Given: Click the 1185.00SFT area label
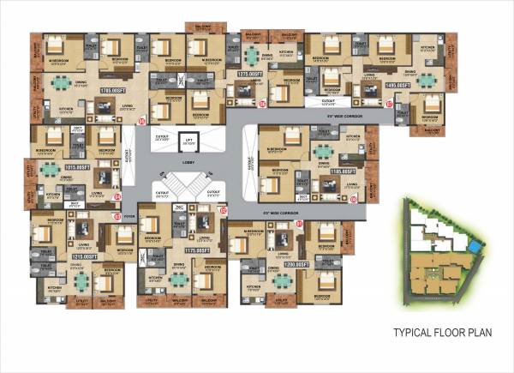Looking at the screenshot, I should click(343, 171).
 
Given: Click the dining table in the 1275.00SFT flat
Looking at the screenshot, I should click(252, 57).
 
